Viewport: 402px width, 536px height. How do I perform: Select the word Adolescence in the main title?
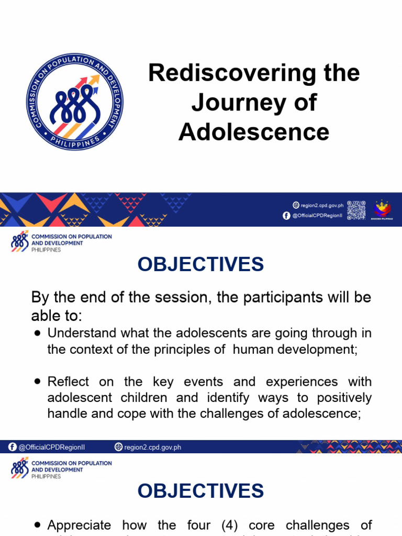(254, 132)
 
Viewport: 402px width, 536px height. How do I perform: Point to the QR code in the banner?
(356, 210)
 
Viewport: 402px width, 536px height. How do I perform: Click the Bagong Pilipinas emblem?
(382, 209)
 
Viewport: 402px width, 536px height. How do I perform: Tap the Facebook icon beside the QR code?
(286, 216)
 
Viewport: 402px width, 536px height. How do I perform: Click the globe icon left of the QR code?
(296, 205)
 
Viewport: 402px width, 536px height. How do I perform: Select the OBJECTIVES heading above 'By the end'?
(201, 265)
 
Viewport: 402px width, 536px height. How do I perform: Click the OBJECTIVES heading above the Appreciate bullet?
(201, 491)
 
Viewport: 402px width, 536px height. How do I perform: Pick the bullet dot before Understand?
(37, 333)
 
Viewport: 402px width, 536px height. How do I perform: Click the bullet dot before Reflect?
(37, 382)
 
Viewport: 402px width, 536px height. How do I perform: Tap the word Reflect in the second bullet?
(69, 382)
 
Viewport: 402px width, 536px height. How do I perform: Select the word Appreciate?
(79, 525)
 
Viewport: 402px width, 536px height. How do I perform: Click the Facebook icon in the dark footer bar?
(13, 447)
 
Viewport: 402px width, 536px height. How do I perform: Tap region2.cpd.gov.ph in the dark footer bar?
(152, 447)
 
